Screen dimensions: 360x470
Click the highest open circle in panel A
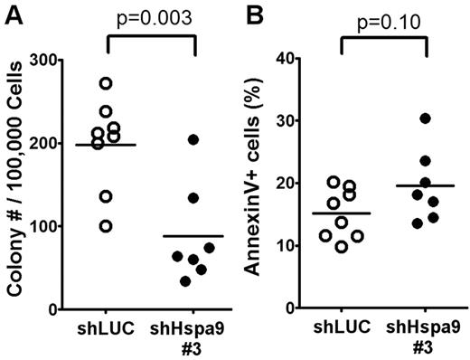pos(107,83)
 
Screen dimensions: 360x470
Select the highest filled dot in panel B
pos(425,118)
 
